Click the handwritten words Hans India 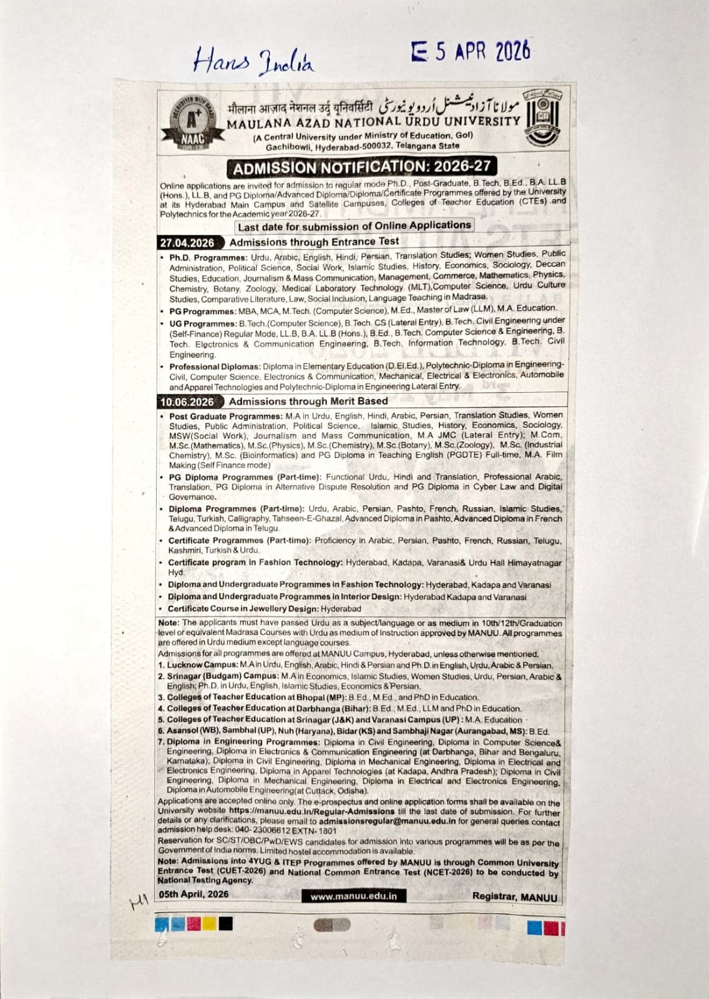tap(253, 61)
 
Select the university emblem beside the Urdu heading tap(542, 116)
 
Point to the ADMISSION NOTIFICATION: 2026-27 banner tap(361, 167)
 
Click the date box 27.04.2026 tap(187, 243)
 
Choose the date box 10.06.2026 tap(187, 402)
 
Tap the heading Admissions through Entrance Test tap(314, 242)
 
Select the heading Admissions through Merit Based tap(308, 401)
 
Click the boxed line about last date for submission tap(354, 226)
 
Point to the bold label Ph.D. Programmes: tap(208, 257)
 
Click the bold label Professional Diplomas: tap(214, 367)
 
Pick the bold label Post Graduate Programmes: tap(226, 416)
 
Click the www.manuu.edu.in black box tap(353, 896)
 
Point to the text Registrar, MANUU tap(514, 896)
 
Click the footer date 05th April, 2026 tap(193, 894)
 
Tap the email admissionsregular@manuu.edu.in tap(387, 822)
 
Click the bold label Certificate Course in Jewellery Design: tap(244, 609)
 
